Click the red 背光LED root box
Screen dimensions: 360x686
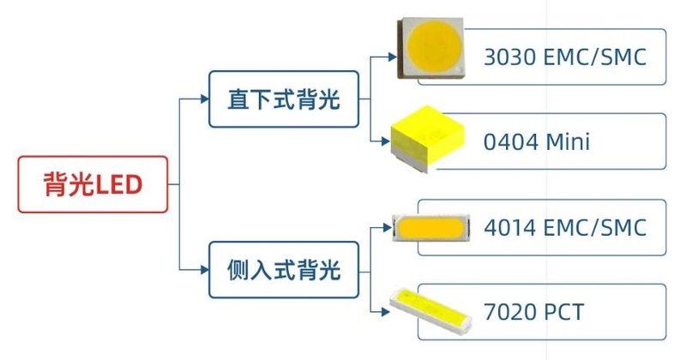click(93, 184)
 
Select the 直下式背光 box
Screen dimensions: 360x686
click(283, 99)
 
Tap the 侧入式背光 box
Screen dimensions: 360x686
click(283, 270)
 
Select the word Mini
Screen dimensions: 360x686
click(568, 142)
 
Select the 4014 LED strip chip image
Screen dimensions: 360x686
click(430, 229)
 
